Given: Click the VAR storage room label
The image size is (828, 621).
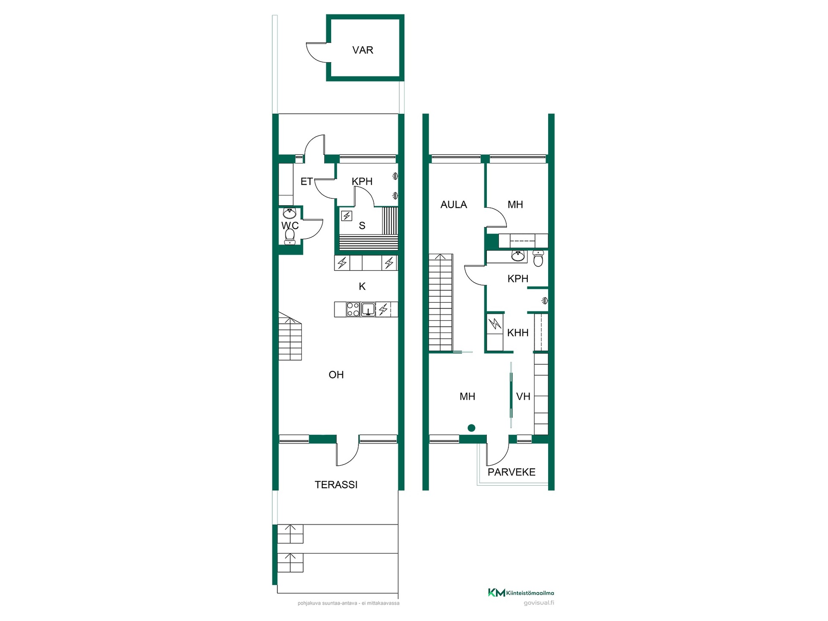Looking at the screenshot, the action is (363, 50).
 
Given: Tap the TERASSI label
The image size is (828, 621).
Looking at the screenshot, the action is (336, 485).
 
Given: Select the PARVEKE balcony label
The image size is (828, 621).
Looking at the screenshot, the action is (511, 472).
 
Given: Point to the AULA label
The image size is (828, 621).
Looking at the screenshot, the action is (454, 204).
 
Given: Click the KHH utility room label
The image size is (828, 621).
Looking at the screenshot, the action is (517, 332).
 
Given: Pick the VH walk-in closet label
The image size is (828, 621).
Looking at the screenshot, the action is (523, 396).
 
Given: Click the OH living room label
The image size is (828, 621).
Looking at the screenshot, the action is (336, 375).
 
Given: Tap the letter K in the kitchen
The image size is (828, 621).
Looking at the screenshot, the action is (362, 286).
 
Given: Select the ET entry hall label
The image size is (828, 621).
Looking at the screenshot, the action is (306, 182).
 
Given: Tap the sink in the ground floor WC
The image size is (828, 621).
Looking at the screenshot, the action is (289, 213).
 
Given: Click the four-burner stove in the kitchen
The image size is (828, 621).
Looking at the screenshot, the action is (353, 309).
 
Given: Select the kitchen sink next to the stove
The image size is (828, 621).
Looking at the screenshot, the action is (368, 309).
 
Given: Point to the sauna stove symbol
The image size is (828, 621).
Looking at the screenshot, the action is (347, 216).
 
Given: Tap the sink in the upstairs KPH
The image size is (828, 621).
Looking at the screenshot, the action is (518, 256).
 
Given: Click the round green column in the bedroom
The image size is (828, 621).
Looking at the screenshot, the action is (471, 428).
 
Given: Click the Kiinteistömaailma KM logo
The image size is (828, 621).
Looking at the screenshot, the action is (496, 593).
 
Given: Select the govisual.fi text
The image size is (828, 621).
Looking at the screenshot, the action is (539, 603).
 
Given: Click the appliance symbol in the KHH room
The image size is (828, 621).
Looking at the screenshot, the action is (495, 323).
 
